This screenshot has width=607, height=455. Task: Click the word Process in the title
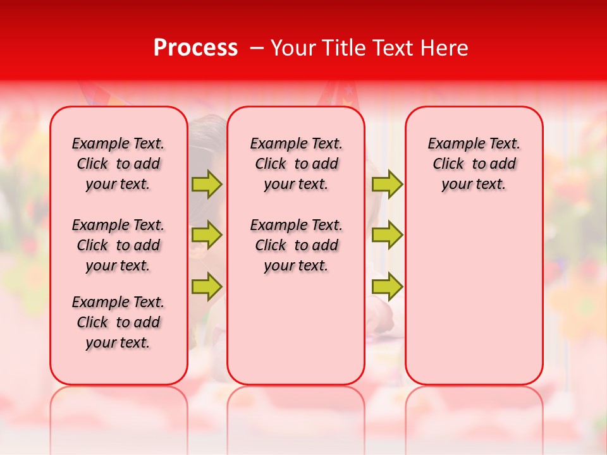195,48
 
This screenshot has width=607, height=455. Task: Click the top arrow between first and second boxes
207,184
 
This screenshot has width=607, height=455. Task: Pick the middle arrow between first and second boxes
207,235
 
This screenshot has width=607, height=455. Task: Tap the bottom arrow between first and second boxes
207,287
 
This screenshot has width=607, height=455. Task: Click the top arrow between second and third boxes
387,184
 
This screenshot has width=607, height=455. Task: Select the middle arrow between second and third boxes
387,235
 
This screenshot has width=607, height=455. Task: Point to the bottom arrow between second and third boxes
387,287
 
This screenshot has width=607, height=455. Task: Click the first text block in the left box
118,164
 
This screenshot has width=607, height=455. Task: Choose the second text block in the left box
118,245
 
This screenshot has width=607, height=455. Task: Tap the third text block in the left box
118,322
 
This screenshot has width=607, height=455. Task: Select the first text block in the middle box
296,164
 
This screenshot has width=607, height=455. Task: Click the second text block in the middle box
296,245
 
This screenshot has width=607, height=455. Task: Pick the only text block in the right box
474,164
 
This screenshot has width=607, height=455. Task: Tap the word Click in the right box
448,164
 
